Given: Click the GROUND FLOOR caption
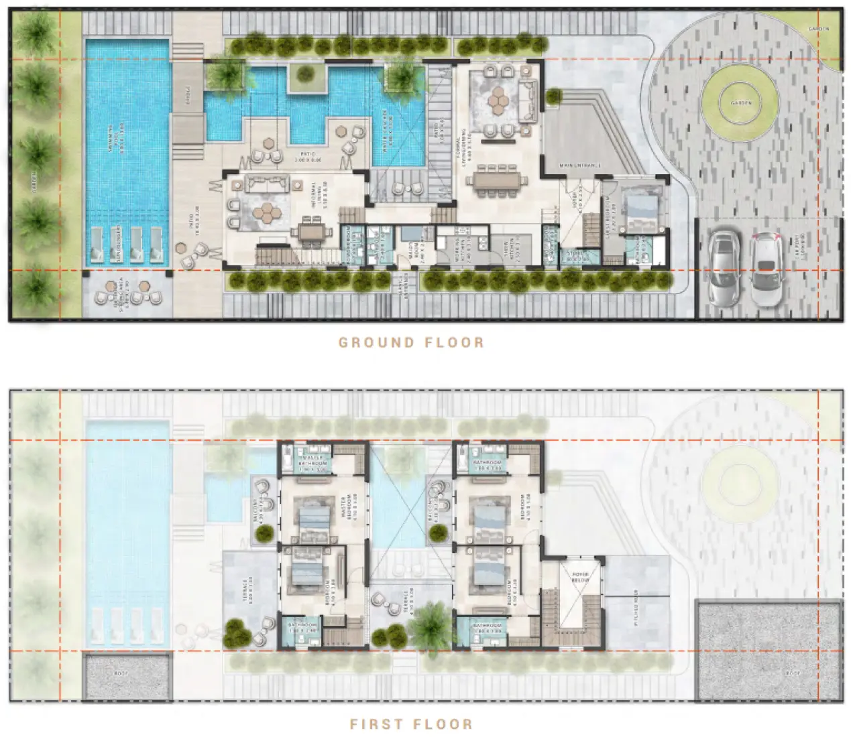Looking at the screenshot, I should point(410,342).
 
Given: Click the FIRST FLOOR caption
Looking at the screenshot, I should point(410,724).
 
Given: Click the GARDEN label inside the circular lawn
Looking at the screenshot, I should point(742,103).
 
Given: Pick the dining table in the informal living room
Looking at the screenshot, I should point(310,232).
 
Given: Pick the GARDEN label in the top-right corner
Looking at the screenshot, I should point(818,29).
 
